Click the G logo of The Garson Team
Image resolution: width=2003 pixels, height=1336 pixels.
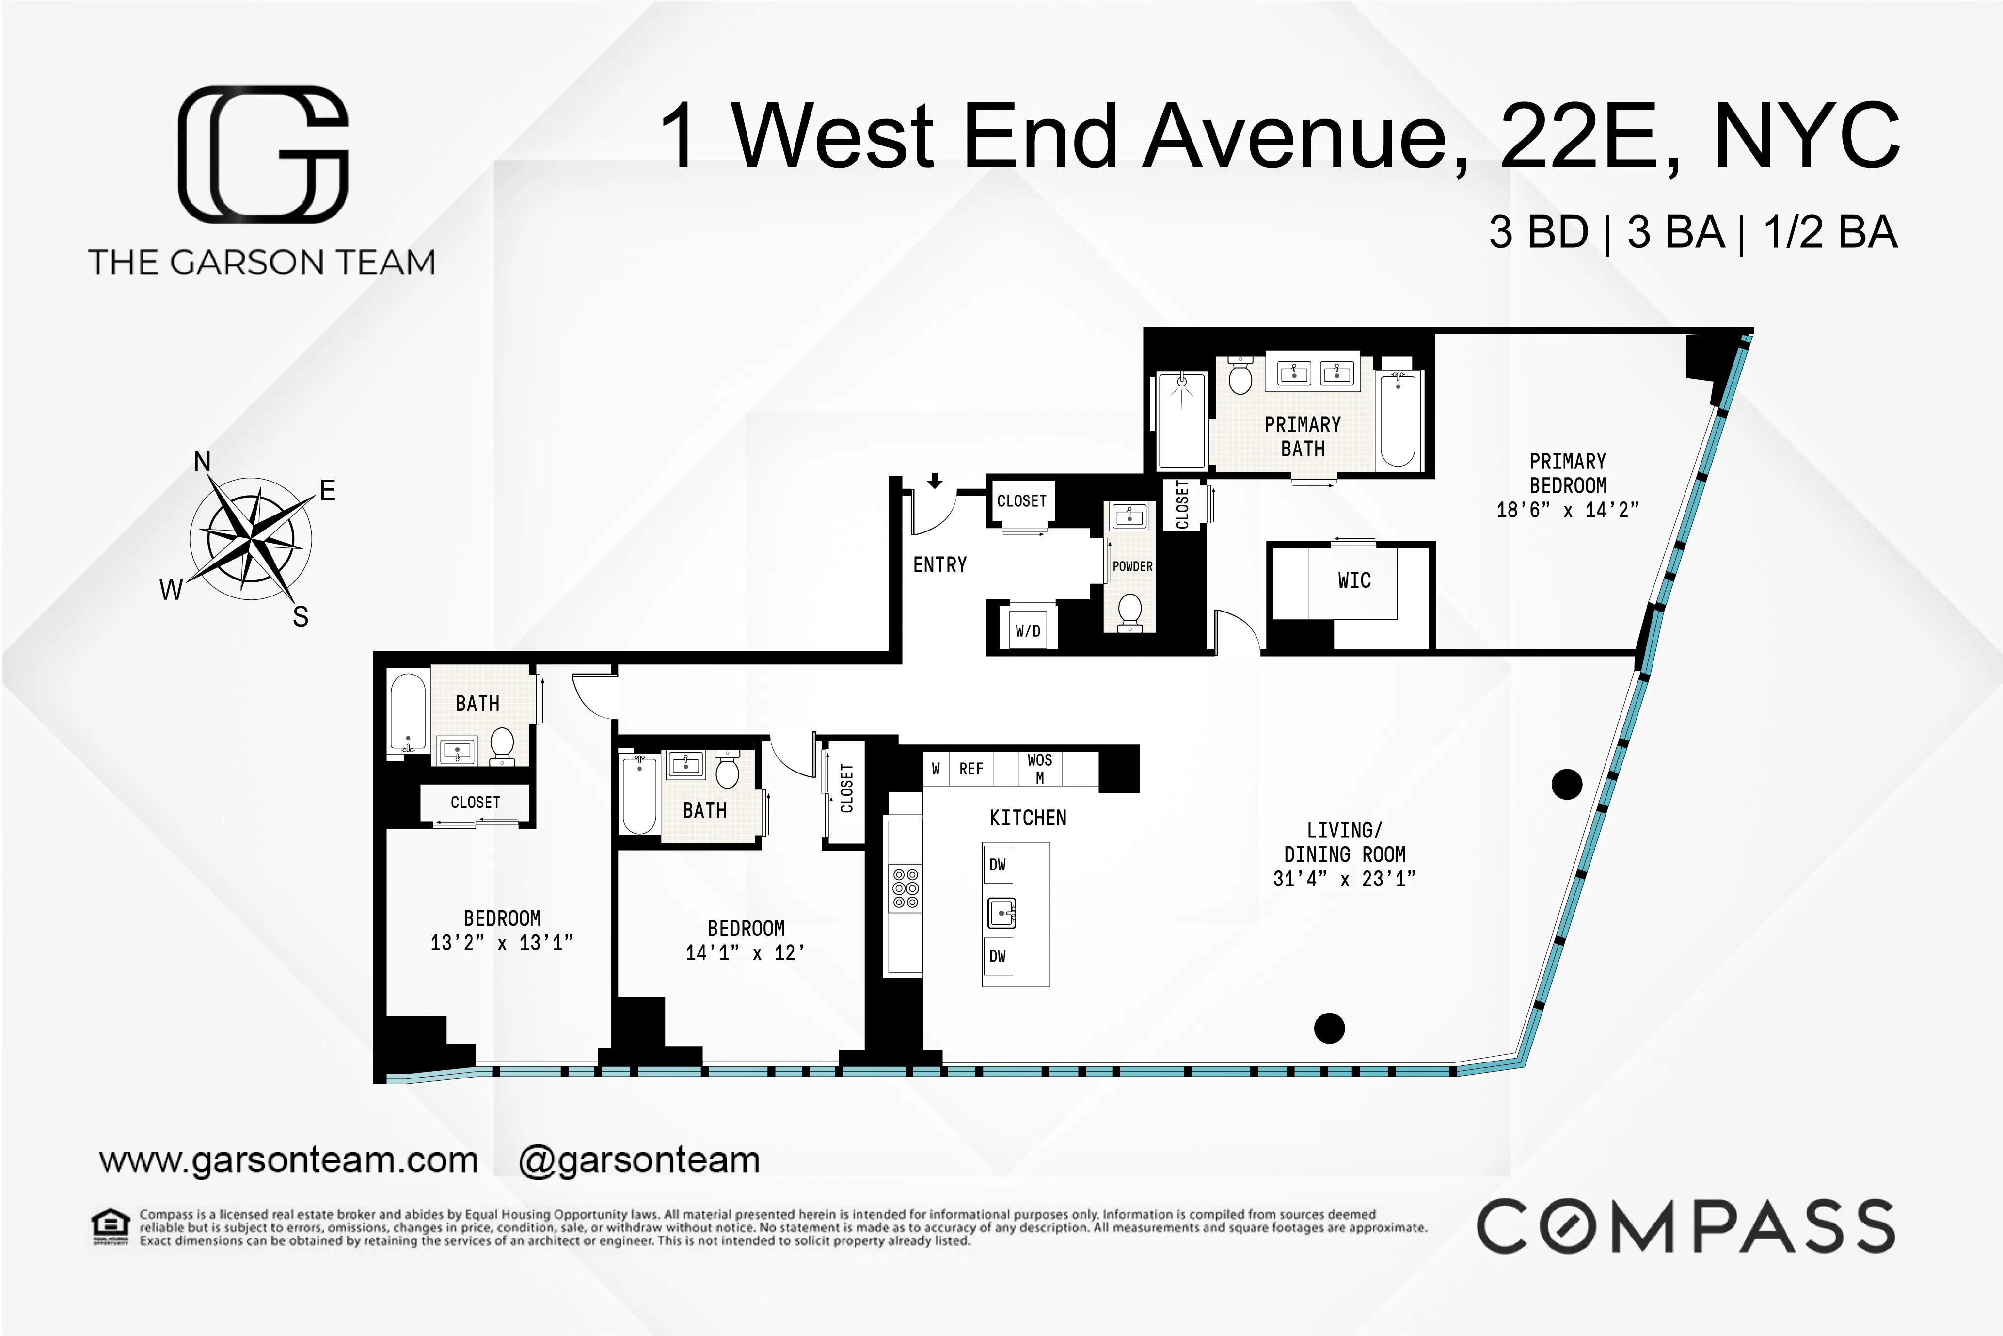pyautogui.click(x=263, y=154)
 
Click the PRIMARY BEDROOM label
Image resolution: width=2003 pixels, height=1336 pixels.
pyautogui.click(x=1567, y=474)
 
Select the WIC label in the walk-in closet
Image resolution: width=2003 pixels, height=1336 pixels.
pyautogui.click(x=1354, y=581)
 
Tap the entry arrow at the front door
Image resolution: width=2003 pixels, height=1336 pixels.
pyautogui.click(x=935, y=482)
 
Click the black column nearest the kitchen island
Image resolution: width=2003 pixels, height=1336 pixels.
pyautogui.click(x=1329, y=1029)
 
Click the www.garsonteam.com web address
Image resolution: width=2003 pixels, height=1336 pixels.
pyautogui.click(x=289, y=1160)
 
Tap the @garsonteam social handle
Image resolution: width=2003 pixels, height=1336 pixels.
pyautogui.click(x=639, y=1160)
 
